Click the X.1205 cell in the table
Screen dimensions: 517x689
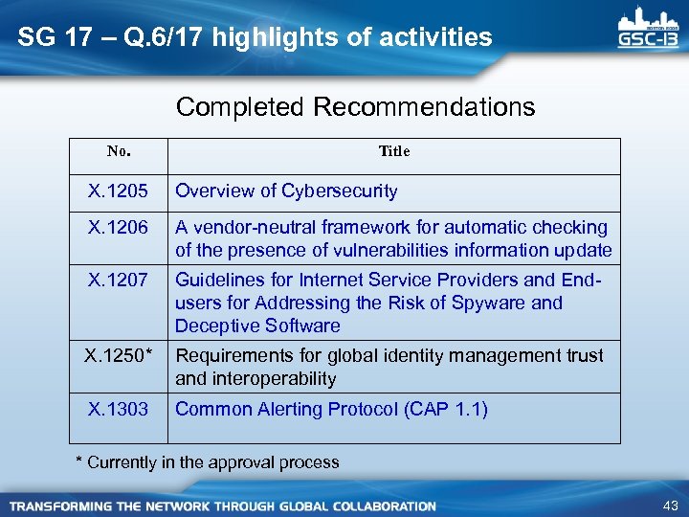[x=118, y=191]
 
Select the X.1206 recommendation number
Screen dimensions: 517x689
[x=118, y=228]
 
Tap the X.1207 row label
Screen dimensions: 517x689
[x=118, y=281]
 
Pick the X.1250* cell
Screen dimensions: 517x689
[x=119, y=356]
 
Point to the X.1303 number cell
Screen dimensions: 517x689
[x=118, y=410]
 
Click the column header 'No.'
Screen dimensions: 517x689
[x=119, y=151]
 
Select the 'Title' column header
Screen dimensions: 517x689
[x=393, y=151]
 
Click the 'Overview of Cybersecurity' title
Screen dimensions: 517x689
[x=286, y=191]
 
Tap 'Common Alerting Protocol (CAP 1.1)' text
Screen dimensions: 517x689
[x=331, y=410]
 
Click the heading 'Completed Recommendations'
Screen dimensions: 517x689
[x=355, y=107]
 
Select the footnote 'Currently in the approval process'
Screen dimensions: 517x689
[x=212, y=462]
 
